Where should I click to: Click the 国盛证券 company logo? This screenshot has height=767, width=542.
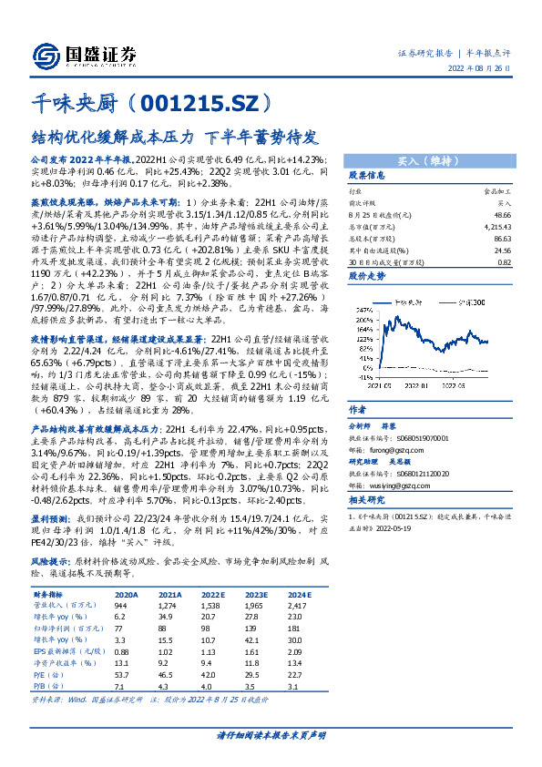coord(81,54)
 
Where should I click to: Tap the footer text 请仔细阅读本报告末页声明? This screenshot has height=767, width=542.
coord(271,733)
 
